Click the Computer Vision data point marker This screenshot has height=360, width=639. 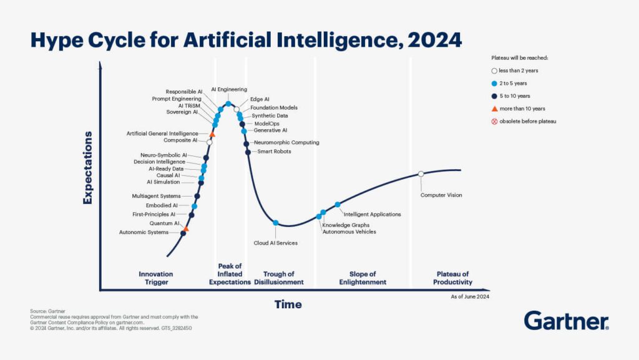click(421, 173)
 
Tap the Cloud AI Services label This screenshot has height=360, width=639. click(275, 243)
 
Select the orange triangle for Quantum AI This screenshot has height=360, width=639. click(186, 229)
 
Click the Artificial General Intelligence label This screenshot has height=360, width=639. click(162, 134)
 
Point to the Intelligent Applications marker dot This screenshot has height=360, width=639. click(338, 205)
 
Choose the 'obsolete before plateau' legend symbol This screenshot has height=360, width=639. click(494, 121)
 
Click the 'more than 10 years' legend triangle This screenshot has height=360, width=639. click(494, 109)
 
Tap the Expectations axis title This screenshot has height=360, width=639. click(87, 167)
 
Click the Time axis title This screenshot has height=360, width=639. click(288, 304)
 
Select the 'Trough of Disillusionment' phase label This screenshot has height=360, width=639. click(278, 278)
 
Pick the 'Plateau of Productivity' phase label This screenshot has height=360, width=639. click(452, 278)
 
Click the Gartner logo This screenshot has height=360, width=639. click(566, 321)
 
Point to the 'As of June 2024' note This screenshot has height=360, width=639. click(470, 297)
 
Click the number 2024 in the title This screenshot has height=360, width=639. click(434, 41)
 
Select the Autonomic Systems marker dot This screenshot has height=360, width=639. click(183, 233)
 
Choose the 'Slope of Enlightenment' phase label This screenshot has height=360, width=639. click(363, 278)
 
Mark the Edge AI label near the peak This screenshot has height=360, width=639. click(260, 99)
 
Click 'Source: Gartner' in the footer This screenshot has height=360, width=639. click(47, 311)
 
